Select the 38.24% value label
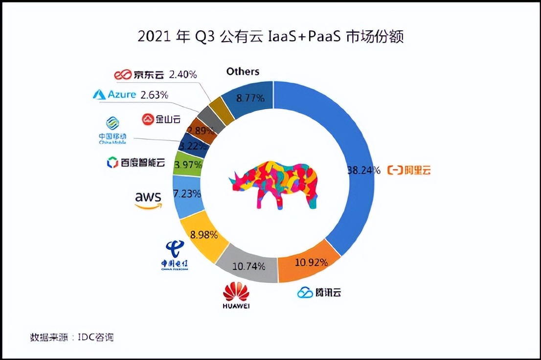pyautogui.click(x=363, y=170)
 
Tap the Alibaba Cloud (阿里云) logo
pyautogui.click(x=409, y=170)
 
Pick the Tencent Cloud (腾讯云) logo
pyautogui.click(x=319, y=292)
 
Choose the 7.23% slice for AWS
pyautogui.click(x=188, y=194)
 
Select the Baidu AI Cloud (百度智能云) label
pyautogui.click(x=135, y=162)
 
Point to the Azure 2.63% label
pyautogui.click(x=130, y=94)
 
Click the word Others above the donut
pyautogui.click(x=243, y=71)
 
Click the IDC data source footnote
pyautogui.click(x=72, y=337)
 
